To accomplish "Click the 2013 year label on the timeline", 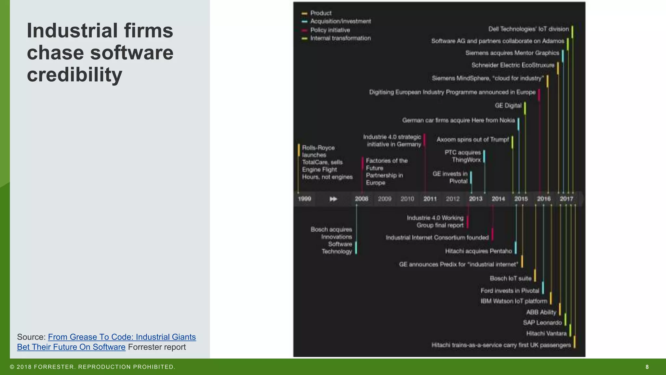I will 475,199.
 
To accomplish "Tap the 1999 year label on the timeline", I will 304,199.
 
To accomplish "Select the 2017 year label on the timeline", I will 566,199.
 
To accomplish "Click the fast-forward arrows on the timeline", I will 333,199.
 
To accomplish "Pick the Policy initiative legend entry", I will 330,30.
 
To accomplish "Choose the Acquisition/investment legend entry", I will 340,21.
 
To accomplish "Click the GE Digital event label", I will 508,105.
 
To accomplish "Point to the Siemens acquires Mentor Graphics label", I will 512,53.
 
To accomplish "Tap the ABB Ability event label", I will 541,312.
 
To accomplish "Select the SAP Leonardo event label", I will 542,323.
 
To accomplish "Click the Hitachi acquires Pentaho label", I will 478,251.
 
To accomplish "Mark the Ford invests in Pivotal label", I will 510,291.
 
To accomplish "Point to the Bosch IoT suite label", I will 510,279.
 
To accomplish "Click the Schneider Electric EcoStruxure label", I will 513,65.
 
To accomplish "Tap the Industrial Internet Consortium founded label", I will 437,238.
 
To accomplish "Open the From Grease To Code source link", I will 122,337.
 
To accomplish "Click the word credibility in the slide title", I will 74,75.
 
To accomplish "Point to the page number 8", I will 647,367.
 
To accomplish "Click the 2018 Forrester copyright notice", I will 93,367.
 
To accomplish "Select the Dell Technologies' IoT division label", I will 528,29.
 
